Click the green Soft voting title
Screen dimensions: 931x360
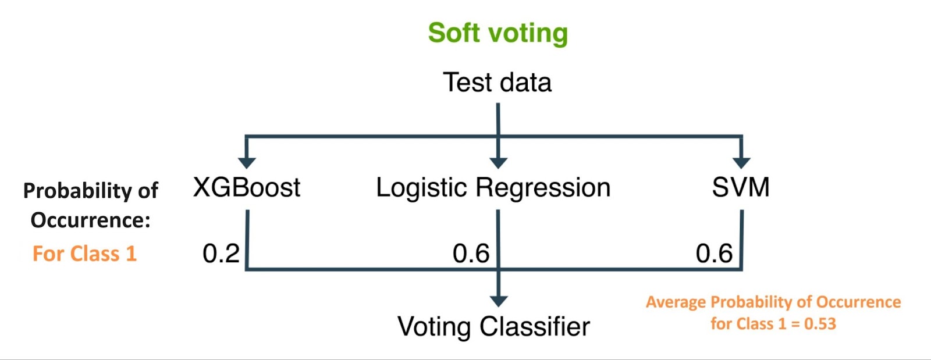[498, 33]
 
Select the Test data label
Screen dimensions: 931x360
[497, 82]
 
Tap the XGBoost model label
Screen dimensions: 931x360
[247, 187]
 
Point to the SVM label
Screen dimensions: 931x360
[741, 187]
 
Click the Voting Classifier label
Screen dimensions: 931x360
[494, 326]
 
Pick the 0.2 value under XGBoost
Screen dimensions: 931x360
[221, 254]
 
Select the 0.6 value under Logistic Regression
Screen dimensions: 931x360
[471, 254]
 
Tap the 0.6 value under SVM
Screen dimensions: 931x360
[714, 254]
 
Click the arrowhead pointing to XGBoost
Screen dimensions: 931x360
[247, 163]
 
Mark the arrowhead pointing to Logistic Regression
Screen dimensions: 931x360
[498, 163]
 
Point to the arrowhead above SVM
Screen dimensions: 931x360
[741, 163]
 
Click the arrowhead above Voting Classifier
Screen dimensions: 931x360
[498, 301]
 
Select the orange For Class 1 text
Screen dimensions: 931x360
[84, 254]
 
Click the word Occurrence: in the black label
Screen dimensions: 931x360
[90, 220]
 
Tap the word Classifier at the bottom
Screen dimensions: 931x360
[535, 326]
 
